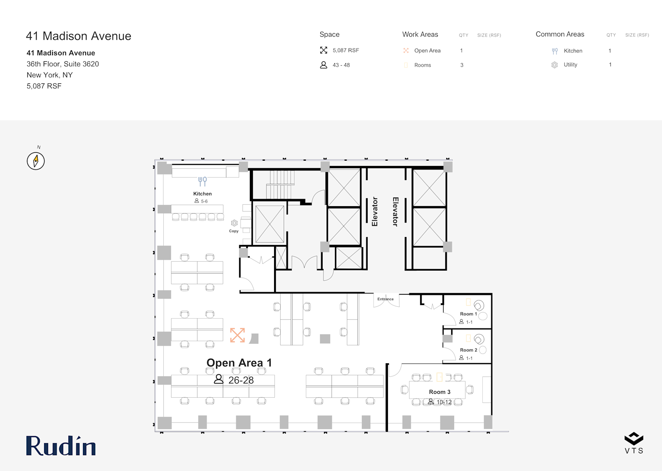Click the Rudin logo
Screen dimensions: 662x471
(61, 445)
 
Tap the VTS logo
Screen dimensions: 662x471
(634, 443)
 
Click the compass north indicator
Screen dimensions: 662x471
(36, 161)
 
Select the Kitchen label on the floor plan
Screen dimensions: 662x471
(203, 194)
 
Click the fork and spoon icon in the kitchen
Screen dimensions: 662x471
(203, 181)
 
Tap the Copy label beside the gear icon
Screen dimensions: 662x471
(234, 231)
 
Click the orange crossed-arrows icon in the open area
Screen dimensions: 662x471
(237, 335)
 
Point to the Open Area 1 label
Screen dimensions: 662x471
(239, 362)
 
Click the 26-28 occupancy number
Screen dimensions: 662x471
(241, 380)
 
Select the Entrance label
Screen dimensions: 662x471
(385, 299)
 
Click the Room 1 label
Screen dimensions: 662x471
(468, 314)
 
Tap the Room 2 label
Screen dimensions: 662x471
(468, 350)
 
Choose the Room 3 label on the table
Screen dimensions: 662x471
(440, 392)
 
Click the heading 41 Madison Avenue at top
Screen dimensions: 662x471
(79, 36)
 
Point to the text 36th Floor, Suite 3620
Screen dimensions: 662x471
(63, 64)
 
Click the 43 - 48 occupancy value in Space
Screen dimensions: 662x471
(341, 65)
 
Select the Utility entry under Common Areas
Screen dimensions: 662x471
(570, 64)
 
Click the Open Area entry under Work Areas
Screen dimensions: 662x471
(427, 51)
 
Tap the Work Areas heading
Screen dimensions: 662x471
(420, 34)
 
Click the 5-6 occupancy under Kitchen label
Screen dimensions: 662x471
(204, 201)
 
